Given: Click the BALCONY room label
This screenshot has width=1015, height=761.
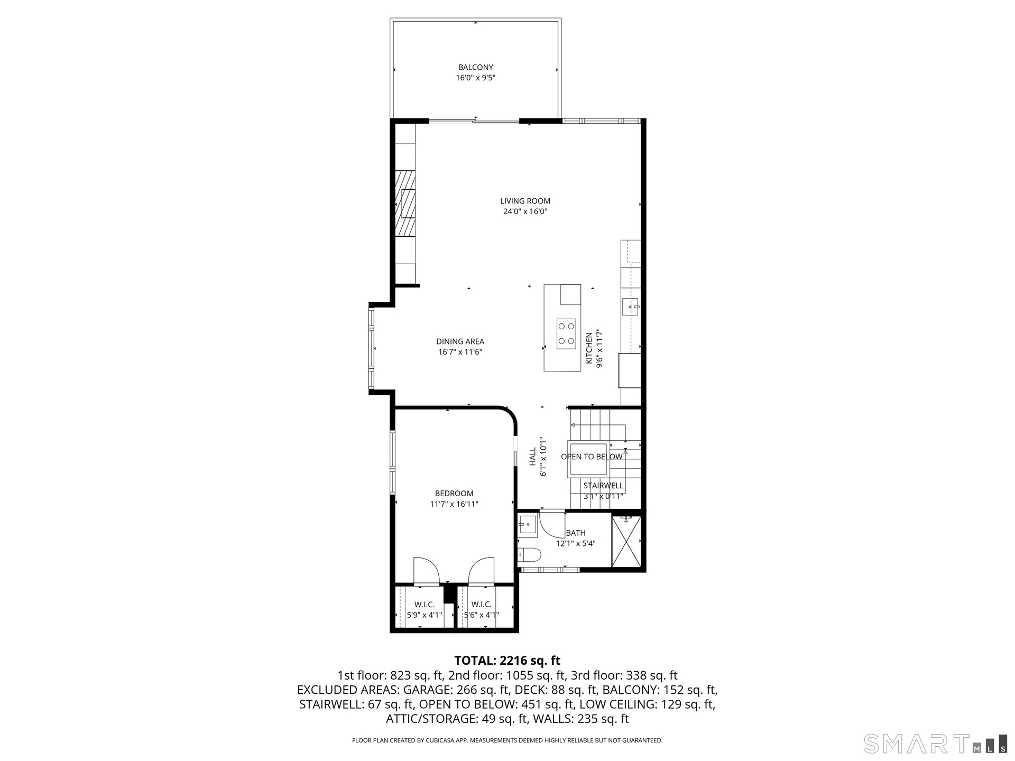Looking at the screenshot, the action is pos(475,67).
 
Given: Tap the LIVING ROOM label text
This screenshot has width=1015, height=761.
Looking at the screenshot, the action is pos(525,201).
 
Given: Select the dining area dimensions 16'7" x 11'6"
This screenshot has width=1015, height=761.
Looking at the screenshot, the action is pos(460,352).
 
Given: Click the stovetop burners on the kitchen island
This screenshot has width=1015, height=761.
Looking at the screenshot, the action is pos(566,334).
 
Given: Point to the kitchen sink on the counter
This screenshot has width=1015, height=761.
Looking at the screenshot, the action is pos(630,307).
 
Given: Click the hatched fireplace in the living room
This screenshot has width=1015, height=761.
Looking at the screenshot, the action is pos(405,203).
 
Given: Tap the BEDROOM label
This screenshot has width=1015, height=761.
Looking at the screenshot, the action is pos(454,494).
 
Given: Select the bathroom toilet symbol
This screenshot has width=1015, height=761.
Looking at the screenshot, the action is pos(529,555).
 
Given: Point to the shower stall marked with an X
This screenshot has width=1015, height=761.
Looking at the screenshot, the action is pos(626,541).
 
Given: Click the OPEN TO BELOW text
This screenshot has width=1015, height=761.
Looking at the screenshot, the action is pos(592,457).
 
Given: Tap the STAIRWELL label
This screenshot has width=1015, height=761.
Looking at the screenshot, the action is pos(603,486).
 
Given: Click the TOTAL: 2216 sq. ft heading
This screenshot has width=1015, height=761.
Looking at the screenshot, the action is pos(507,661).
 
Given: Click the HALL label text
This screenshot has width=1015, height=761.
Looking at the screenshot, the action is pos(533,457).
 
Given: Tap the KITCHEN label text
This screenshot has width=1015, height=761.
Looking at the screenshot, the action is pos(589,348).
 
